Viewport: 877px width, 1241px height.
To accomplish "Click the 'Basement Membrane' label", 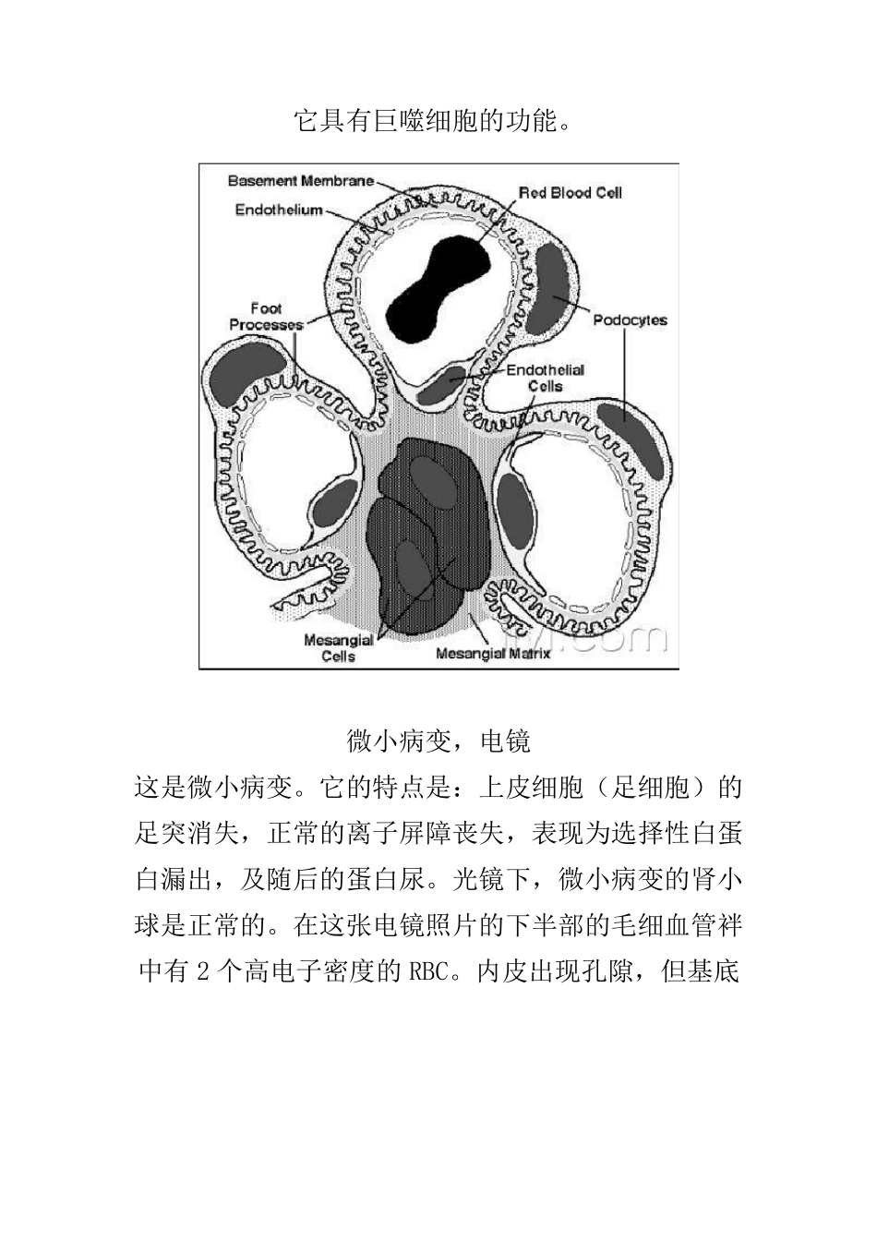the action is [x=301, y=180].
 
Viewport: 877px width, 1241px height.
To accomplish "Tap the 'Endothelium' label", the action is [x=279, y=210].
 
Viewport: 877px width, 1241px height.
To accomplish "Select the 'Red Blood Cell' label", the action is [x=570, y=192].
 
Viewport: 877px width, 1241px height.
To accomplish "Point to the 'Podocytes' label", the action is [x=630, y=320].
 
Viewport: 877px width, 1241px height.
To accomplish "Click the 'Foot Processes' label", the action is [x=266, y=317].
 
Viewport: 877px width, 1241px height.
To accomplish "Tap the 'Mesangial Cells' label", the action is [x=339, y=648].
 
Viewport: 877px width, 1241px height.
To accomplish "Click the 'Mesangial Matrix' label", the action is [x=492, y=654].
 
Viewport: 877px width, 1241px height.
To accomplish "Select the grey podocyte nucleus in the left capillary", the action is [x=246, y=371].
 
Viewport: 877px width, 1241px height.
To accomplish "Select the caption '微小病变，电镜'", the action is [x=438, y=741].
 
